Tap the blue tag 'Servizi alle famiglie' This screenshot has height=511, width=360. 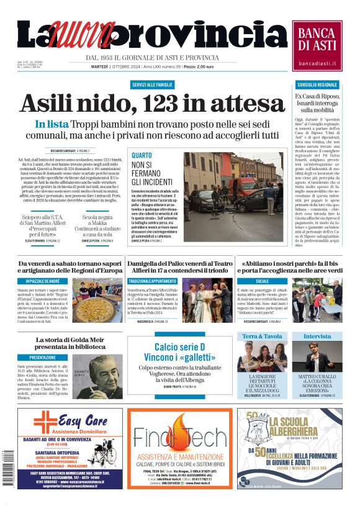(152, 84)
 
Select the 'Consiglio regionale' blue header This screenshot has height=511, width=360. (317, 84)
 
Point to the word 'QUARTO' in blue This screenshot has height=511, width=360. (141, 156)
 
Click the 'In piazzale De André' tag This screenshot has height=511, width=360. (42, 281)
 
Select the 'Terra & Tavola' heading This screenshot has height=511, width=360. (261, 336)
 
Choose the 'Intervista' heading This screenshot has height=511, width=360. (317, 336)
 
